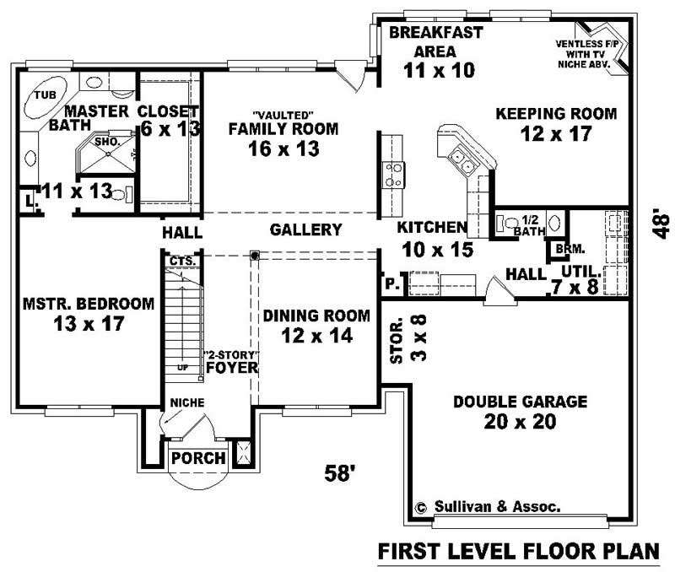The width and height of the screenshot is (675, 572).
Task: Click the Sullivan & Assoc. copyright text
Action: pos(488,507)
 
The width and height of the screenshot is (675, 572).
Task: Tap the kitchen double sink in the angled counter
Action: pos(460,158)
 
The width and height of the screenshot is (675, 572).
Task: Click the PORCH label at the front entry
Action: pos(198,459)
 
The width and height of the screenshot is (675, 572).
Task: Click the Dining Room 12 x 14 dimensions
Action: pos(316,335)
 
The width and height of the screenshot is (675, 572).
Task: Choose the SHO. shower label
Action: pos(107,142)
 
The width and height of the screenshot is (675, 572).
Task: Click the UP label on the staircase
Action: pos(181,369)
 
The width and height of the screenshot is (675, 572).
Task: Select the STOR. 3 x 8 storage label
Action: pos(405,338)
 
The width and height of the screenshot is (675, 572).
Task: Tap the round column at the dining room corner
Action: pos(253,255)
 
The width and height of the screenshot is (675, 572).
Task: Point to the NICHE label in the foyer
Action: pos(187,403)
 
